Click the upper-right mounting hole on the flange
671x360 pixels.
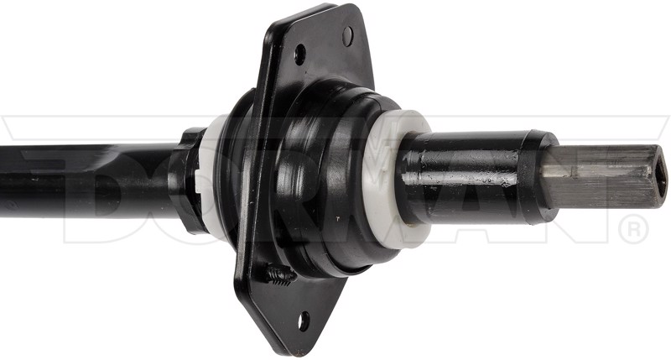pyautogui.click(x=348, y=36)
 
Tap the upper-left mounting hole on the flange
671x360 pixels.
pyautogui.click(x=300, y=55)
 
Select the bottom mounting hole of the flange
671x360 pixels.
pyautogui.click(x=304, y=321)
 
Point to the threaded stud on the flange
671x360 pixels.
pyautogui.click(x=279, y=274)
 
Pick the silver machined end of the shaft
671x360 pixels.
pyautogui.click(x=603, y=176)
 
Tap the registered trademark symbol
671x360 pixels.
pyautogui.click(x=634, y=228)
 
